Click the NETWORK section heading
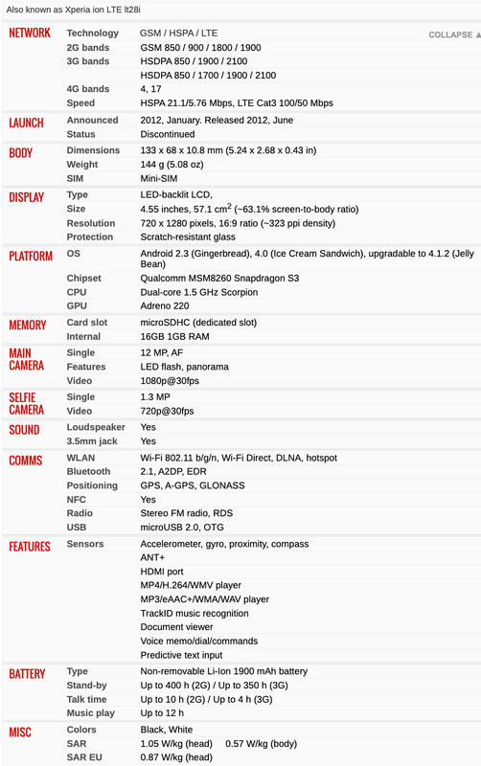point(30,34)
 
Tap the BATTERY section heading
point(28,673)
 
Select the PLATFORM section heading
point(31,256)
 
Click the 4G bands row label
point(88,89)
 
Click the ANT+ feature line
point(153,557)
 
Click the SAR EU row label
point(86,757)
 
